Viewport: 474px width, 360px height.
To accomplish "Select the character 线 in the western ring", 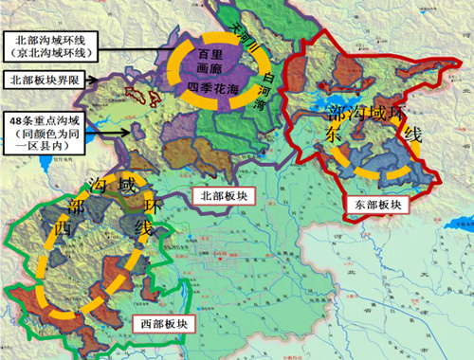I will click(x=145, y=228).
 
